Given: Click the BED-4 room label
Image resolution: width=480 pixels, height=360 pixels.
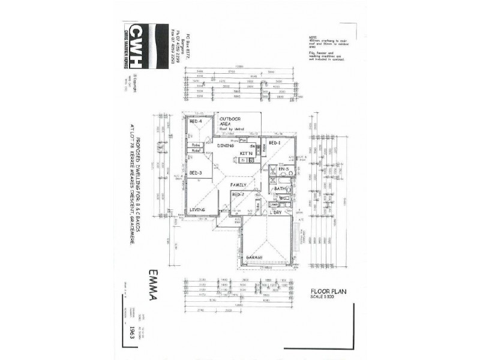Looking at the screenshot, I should pos(196,122).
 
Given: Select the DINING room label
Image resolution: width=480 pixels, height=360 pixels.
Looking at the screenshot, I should pos(226,145).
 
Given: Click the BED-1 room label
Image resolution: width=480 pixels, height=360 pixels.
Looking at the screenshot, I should pos(275,144).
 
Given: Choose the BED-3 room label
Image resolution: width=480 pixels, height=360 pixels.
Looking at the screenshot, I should pos(196,173).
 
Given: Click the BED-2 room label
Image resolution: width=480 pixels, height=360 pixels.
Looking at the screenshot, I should pos(237,194).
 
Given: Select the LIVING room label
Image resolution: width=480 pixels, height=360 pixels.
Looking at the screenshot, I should pos(197,209).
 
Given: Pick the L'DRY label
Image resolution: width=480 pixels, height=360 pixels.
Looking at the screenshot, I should pos(276,212).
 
